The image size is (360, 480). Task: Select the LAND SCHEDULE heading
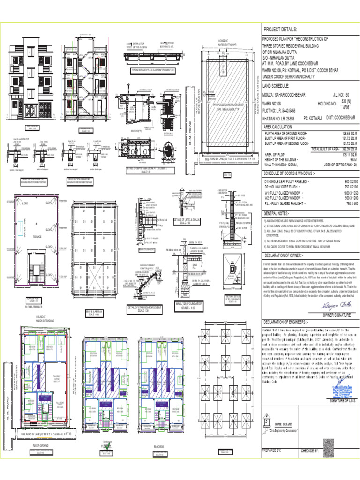tap(279, 86)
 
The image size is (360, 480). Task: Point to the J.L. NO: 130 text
tap(341, 95)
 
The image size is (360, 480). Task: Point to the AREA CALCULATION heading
tap(283, 127)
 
